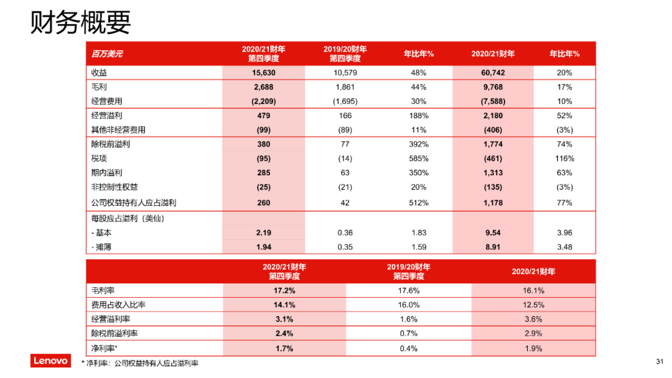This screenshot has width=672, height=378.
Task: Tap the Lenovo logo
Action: pos(51,361)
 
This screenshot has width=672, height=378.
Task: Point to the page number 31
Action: pos(660,361)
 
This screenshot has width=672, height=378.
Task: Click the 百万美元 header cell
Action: pos(107,53)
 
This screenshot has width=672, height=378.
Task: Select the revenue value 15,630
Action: pos(263,73)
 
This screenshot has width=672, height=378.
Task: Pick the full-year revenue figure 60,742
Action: pos(493,73)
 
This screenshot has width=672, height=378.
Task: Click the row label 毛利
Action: pos(99,87)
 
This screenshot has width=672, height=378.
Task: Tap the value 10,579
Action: pos(345,73)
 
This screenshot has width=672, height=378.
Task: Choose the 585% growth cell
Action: pos(419,159)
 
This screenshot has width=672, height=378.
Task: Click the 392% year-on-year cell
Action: pos(419,144)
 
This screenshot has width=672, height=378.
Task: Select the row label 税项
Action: pos(99,159)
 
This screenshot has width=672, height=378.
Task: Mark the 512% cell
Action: pos(419,203)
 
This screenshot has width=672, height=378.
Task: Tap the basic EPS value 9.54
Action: pos(493,233)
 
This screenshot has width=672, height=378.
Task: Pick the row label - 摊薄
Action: pos(103,247)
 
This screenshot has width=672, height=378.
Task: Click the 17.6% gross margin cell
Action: pos(408,290)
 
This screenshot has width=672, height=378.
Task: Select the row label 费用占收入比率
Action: pos(119,305)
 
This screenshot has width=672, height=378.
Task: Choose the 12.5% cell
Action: pos(533,305)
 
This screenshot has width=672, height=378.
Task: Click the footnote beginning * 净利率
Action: pos(144,363)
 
